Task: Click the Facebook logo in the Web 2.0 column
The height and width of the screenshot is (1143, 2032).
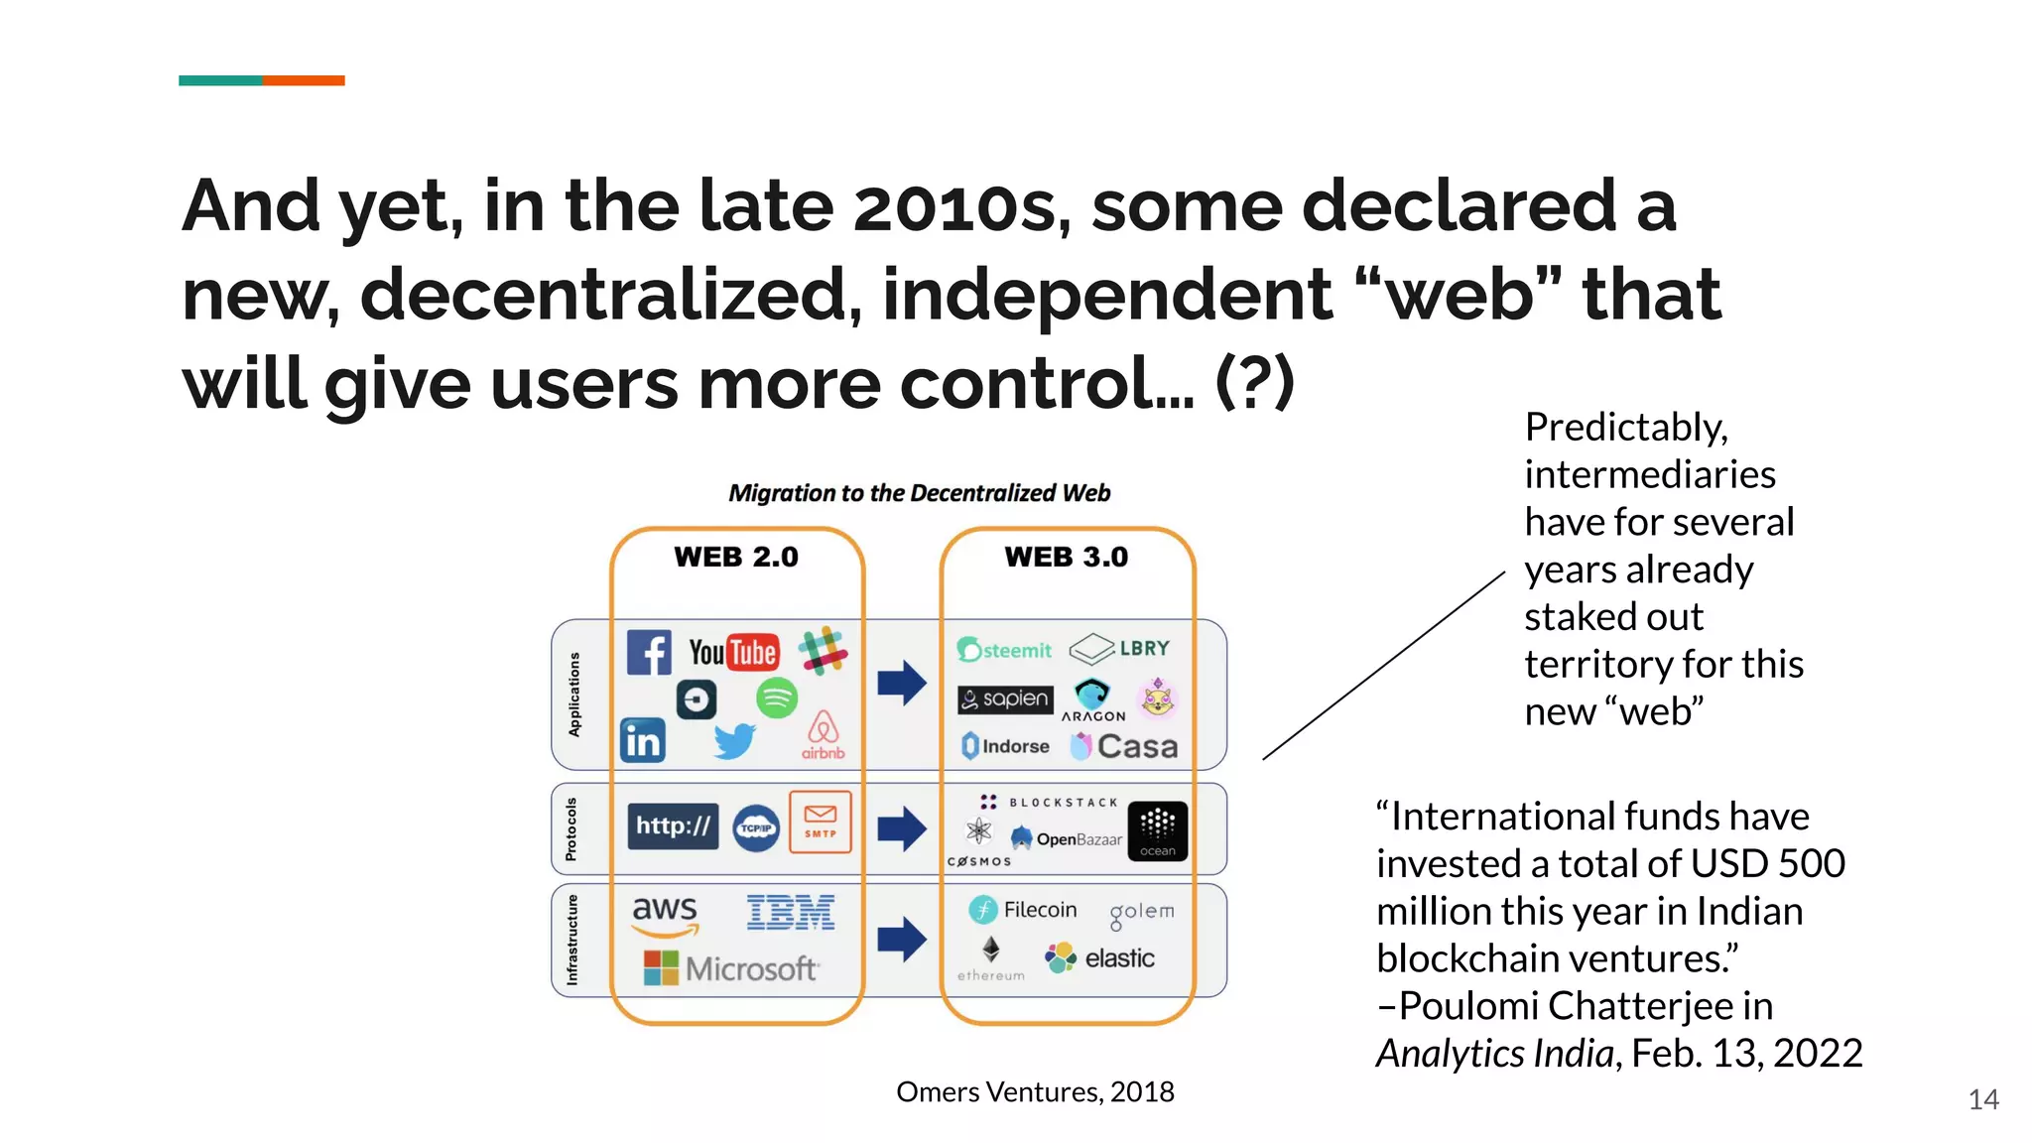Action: pos(649,653)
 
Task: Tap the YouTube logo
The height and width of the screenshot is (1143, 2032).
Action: pos(733,653)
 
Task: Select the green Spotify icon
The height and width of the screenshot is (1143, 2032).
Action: pos(776,698)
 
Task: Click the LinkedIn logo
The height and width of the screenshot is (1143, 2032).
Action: pos(642,740)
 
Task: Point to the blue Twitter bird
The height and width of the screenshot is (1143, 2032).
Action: pos(734,740)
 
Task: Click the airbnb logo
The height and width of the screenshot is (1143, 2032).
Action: pos(823,734)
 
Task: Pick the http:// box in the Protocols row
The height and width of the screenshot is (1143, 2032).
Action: pos(673,825)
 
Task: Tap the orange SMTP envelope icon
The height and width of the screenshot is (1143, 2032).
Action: pos(820,822)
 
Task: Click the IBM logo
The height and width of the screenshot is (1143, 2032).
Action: pos(790,912)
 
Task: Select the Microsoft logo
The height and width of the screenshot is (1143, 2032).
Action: pos(730,967)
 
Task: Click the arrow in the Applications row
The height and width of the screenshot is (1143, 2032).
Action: pos(901,683)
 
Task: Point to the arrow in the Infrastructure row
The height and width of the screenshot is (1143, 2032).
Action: pos(901,939)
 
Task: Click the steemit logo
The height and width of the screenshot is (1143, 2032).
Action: pos(1004,650)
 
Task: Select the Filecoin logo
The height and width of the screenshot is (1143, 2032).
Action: pos(1023,909)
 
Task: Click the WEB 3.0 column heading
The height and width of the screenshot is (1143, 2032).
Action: pos(1066,557)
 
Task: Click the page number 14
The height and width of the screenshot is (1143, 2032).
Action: pos(1982,1099)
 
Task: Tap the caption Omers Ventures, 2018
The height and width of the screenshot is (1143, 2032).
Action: pos(1034,1091)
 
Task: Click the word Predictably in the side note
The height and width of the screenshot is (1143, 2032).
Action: pos(1625,427)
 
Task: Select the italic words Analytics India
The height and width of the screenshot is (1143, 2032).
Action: pos(1494,1053)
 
